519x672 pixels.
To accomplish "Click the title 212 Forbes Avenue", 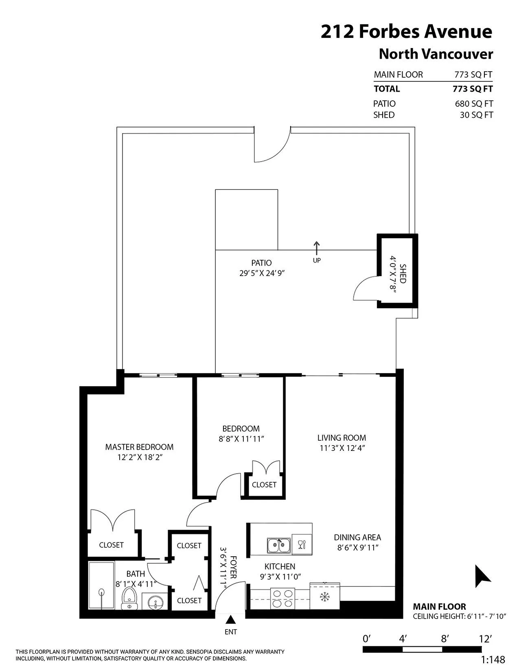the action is (406, 31).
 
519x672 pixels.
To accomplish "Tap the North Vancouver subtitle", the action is (436, 54).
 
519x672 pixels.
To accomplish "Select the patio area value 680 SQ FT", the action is (473, 103).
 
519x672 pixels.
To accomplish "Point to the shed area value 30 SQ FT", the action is (476, 115).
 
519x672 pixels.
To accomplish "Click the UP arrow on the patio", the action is (317, 248).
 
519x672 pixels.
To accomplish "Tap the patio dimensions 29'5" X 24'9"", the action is (262, 273).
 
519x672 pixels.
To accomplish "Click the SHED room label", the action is (403, 274).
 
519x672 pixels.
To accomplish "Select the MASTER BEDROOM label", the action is (139, 447).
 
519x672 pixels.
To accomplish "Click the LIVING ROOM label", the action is (342, 438).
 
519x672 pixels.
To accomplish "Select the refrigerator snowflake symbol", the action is (324, 597).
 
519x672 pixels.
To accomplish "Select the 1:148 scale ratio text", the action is (493, 659).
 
